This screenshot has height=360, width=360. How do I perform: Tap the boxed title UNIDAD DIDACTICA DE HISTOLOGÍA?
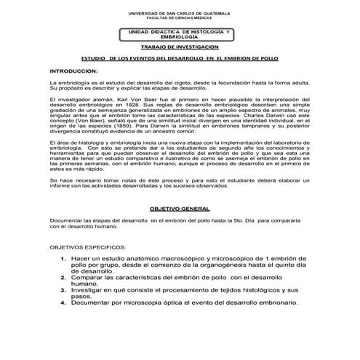(x=175, y=33)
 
